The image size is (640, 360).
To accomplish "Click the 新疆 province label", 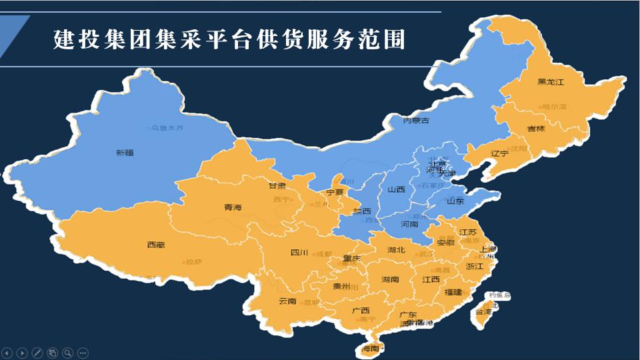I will tap(125, 153).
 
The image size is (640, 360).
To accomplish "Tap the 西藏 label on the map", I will tap(155, 245).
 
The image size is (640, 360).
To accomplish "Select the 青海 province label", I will tap(233, 207).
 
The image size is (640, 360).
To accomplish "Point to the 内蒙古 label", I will tap(415, 121).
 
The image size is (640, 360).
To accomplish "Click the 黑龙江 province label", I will tap(551, 82).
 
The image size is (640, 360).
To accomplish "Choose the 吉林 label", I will tap(536, 128).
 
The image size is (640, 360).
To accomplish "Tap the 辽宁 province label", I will tap(499, 153).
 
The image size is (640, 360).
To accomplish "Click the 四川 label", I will tap(299, 253).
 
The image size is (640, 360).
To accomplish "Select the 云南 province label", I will tap(287, 301).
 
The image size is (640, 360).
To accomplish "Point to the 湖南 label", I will tap(390, 279).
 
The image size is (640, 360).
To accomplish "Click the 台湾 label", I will tap(483, 311).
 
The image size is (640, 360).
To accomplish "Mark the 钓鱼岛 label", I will tap(499, 295).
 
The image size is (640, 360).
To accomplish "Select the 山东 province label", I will tap(455, 201).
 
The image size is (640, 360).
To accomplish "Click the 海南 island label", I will tap(370, 348).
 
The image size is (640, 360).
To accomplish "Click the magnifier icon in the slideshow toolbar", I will tap(67, 353).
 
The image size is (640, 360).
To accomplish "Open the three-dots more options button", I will tap(83, 353).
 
